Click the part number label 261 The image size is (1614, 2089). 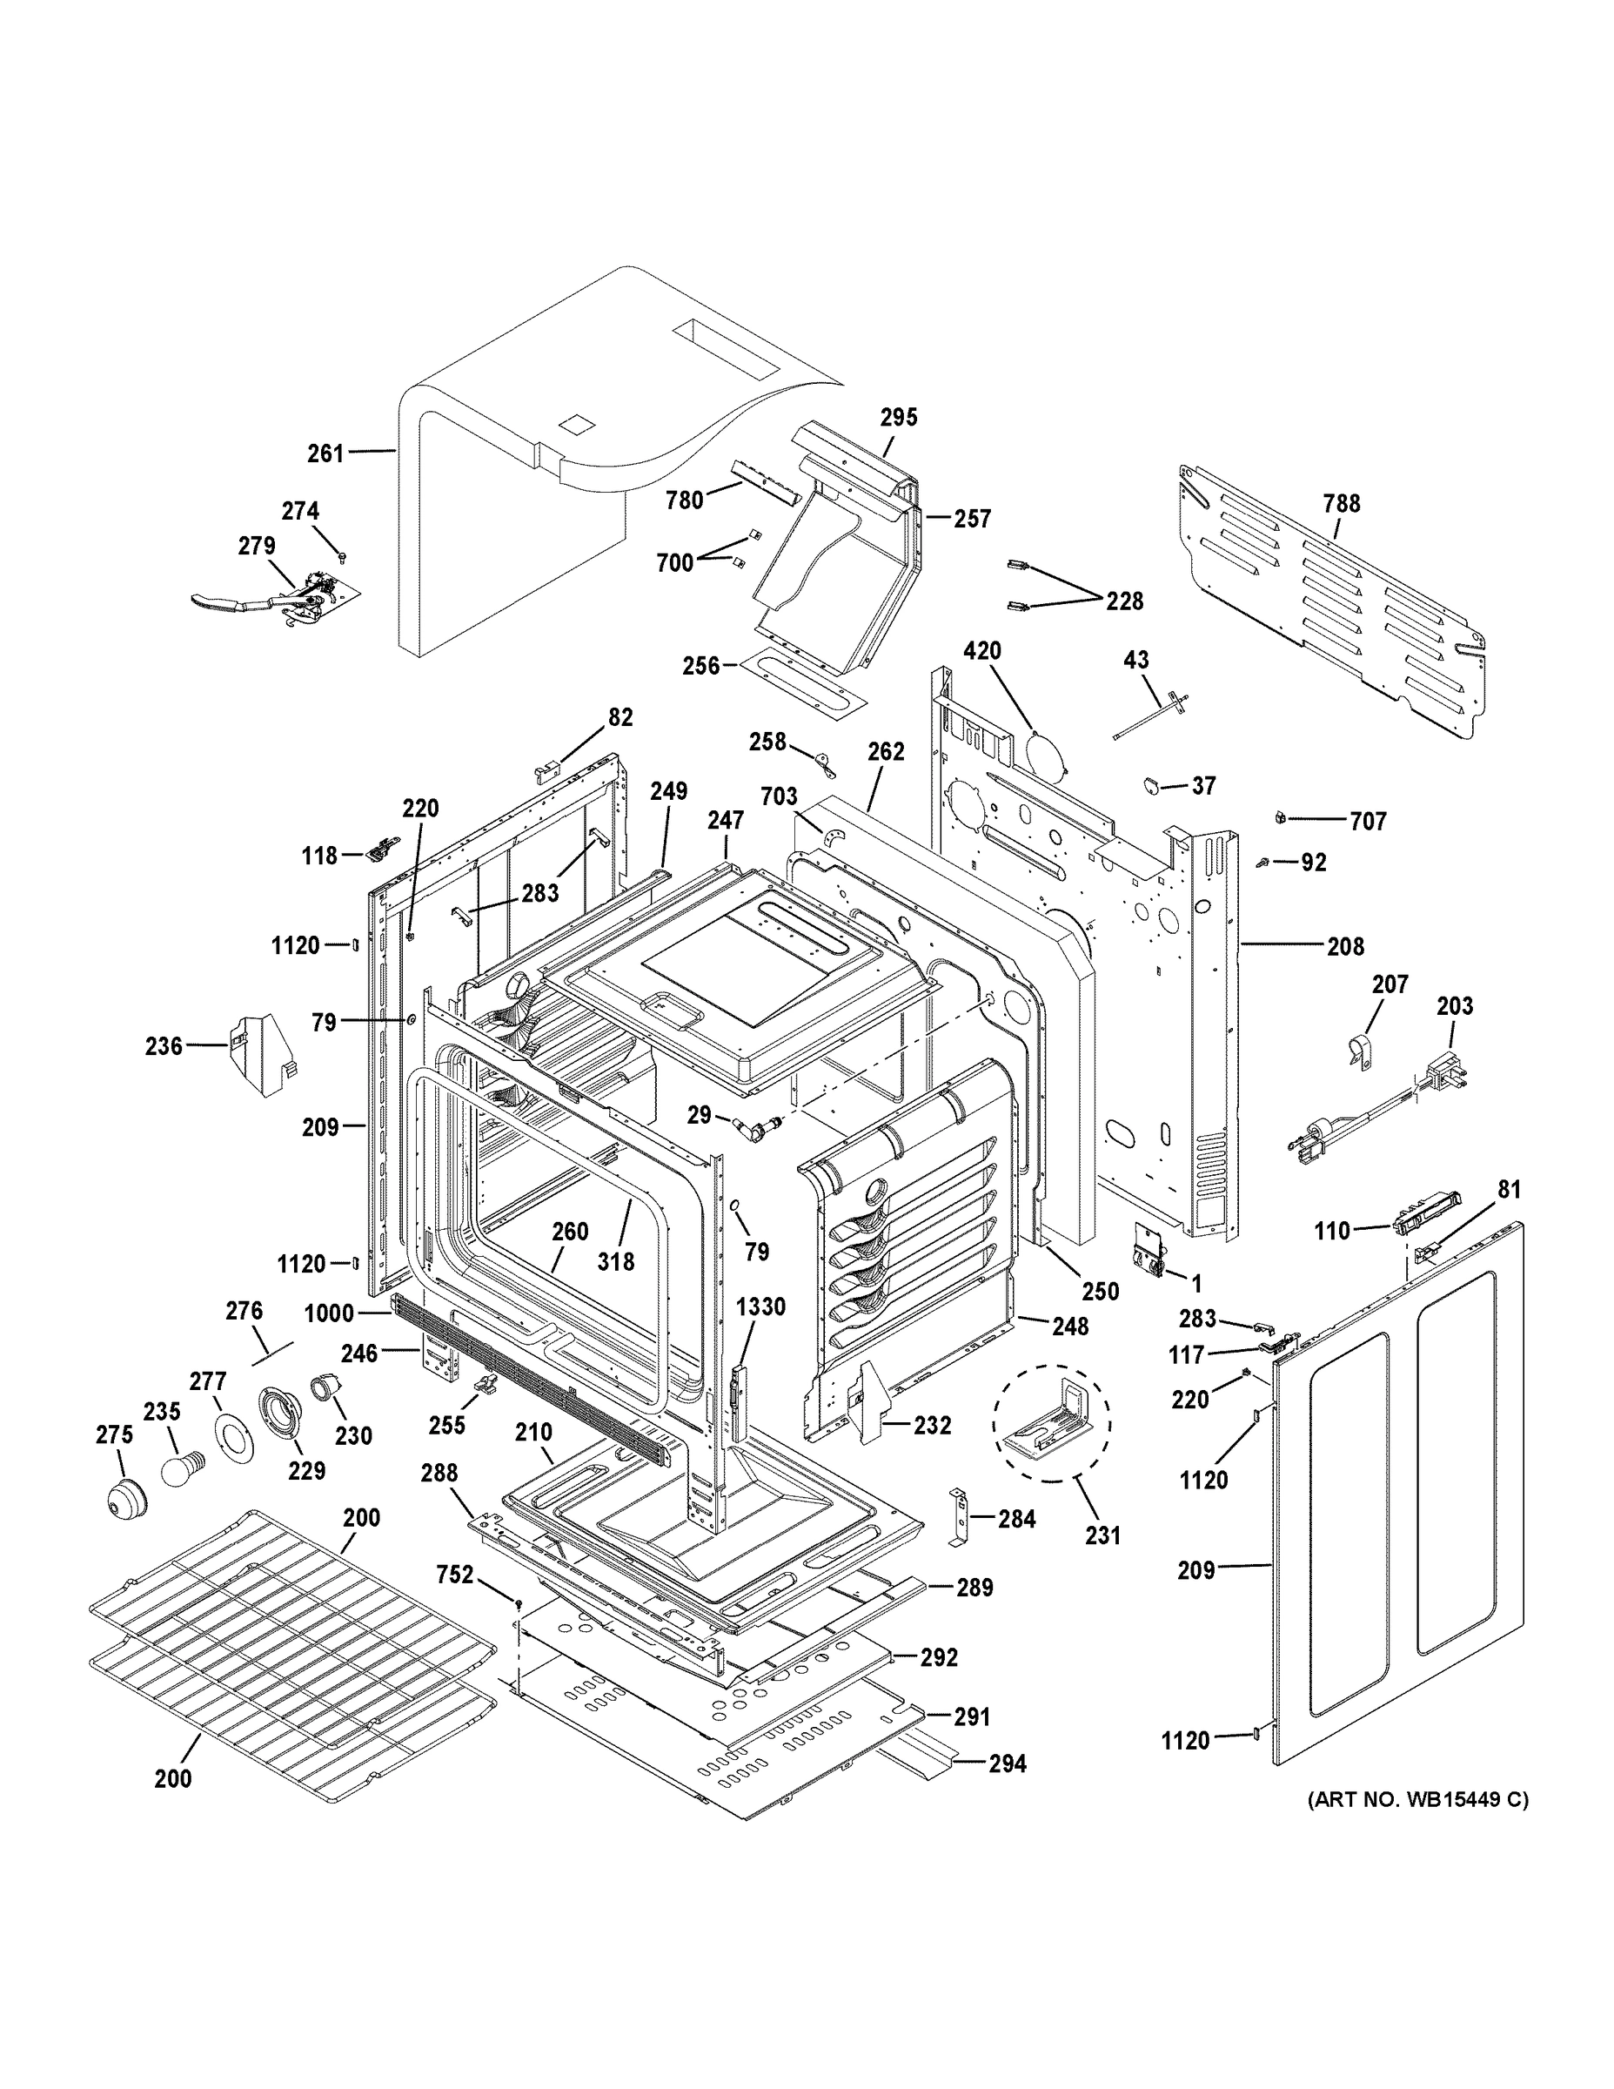coord(325,453)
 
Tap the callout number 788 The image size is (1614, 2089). coord(1342,503)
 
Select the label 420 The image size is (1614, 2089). coord(982,651)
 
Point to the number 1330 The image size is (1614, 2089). coord(760,1306)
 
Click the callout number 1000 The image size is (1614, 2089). coord(329,1313)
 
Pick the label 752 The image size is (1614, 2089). coord(455,1575)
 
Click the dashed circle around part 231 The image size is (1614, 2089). coord(1052,1422)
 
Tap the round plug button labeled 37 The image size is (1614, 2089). coord(1153,784)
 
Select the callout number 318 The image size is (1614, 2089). coord(616,1261)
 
